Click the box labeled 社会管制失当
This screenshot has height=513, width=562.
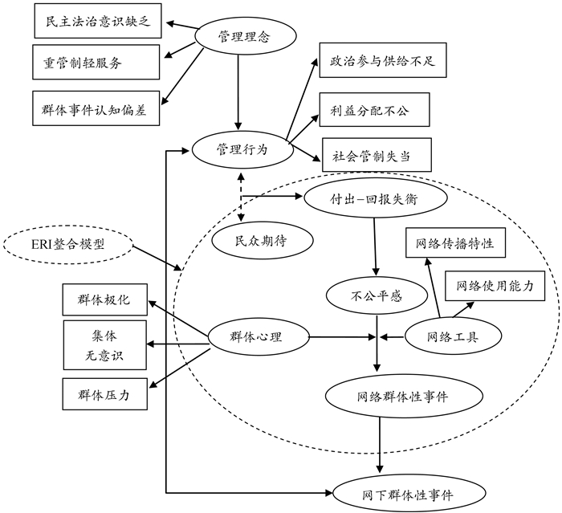coord(371,154)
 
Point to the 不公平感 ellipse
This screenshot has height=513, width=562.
coord(376,295)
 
